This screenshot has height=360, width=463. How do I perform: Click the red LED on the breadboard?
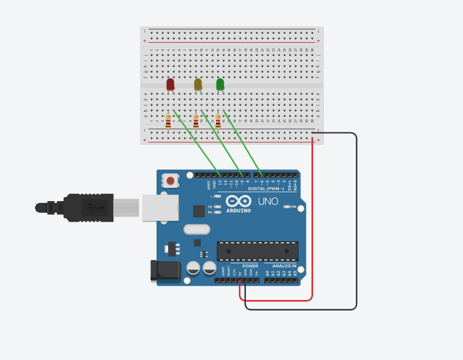pos(170,84)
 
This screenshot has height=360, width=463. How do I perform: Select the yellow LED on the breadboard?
pos(198,84)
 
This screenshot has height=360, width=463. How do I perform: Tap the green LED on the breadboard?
pos(220,84)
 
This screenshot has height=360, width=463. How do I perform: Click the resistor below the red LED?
pos(168,121)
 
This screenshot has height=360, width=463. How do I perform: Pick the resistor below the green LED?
pos(218,121)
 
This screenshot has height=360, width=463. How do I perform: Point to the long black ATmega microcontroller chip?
pos(258,251)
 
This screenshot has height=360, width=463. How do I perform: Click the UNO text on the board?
pos(268,201)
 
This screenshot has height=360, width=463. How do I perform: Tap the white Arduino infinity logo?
pos(239,201)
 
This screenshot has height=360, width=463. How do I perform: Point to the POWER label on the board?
pos(250,266)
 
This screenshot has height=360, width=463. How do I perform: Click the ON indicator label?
pos(294,207)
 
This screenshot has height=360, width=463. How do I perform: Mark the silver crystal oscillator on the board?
pos(197,229)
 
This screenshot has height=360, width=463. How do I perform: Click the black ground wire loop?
pos(356,222)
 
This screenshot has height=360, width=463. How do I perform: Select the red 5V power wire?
pos(313,222)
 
